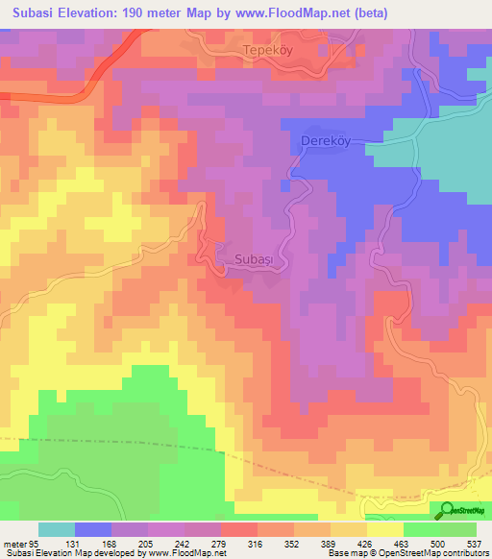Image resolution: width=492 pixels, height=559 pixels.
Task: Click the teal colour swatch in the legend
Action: (57, 529)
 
